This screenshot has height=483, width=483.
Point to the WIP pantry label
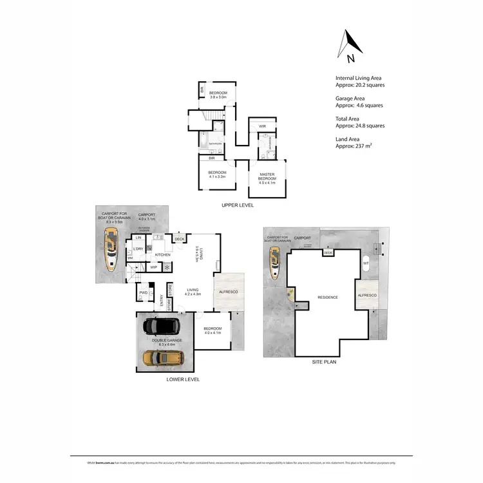click(154, 267)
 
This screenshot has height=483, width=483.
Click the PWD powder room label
click(143, 293)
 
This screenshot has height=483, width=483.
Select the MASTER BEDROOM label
click(267, 176)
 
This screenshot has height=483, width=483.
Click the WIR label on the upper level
click(262, 126)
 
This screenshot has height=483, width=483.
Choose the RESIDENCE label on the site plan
click(328, 298)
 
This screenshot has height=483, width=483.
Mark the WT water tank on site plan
click(366, 263)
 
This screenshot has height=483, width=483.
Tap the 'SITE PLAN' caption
click(324, 362)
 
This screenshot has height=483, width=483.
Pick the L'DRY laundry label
click(137, 249)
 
